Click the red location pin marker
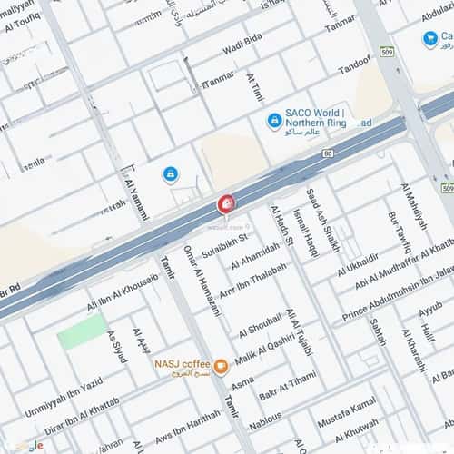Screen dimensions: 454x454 pyautogui.click(x=225, y=204)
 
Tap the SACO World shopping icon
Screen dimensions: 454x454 pyautogui.click(x=273, y=120)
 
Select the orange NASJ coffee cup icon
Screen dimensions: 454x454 pyautogui.click(x=221, y=367)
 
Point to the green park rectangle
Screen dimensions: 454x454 pyautogui.click(x=82, y=332)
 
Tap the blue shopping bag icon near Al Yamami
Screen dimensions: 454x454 pyautogui.click(x=170, y=173)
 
